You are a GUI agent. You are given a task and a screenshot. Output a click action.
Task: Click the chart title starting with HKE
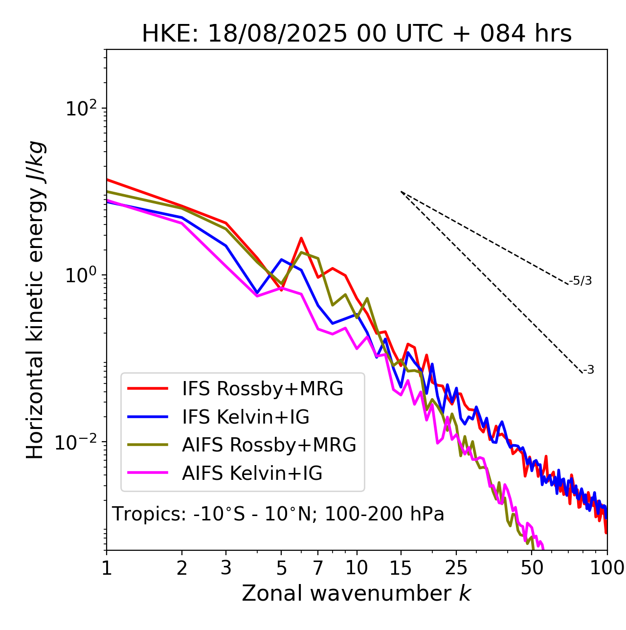[x=357, y=34]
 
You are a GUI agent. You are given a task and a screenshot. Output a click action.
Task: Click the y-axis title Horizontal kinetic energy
[x=36, y=300]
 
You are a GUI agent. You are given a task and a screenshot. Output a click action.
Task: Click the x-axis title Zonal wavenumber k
[x=357, y=593]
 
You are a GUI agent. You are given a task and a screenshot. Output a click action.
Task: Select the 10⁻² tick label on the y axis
[x=78, y=442]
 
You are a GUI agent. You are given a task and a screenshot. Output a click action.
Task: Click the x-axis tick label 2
[x=182, y=568]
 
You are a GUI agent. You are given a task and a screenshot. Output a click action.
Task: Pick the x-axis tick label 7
[x=318, y=568]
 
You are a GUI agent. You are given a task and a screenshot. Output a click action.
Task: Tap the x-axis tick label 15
[x=401, y=568]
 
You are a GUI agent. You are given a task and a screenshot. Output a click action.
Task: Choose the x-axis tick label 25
[x=456, y=568]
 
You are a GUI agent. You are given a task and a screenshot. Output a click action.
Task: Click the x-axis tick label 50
[x=532, y=568]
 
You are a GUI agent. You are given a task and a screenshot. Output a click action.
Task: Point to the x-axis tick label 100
[x=607, y=568]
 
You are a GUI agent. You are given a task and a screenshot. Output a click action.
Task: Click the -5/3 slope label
[x=581, y=281]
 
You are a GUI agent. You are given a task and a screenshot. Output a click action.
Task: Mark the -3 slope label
[x=588, y=370]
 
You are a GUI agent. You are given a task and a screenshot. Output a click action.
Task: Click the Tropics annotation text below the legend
[x=278, y=515]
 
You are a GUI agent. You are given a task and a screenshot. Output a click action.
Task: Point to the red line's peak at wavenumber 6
[x=301, y=238]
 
